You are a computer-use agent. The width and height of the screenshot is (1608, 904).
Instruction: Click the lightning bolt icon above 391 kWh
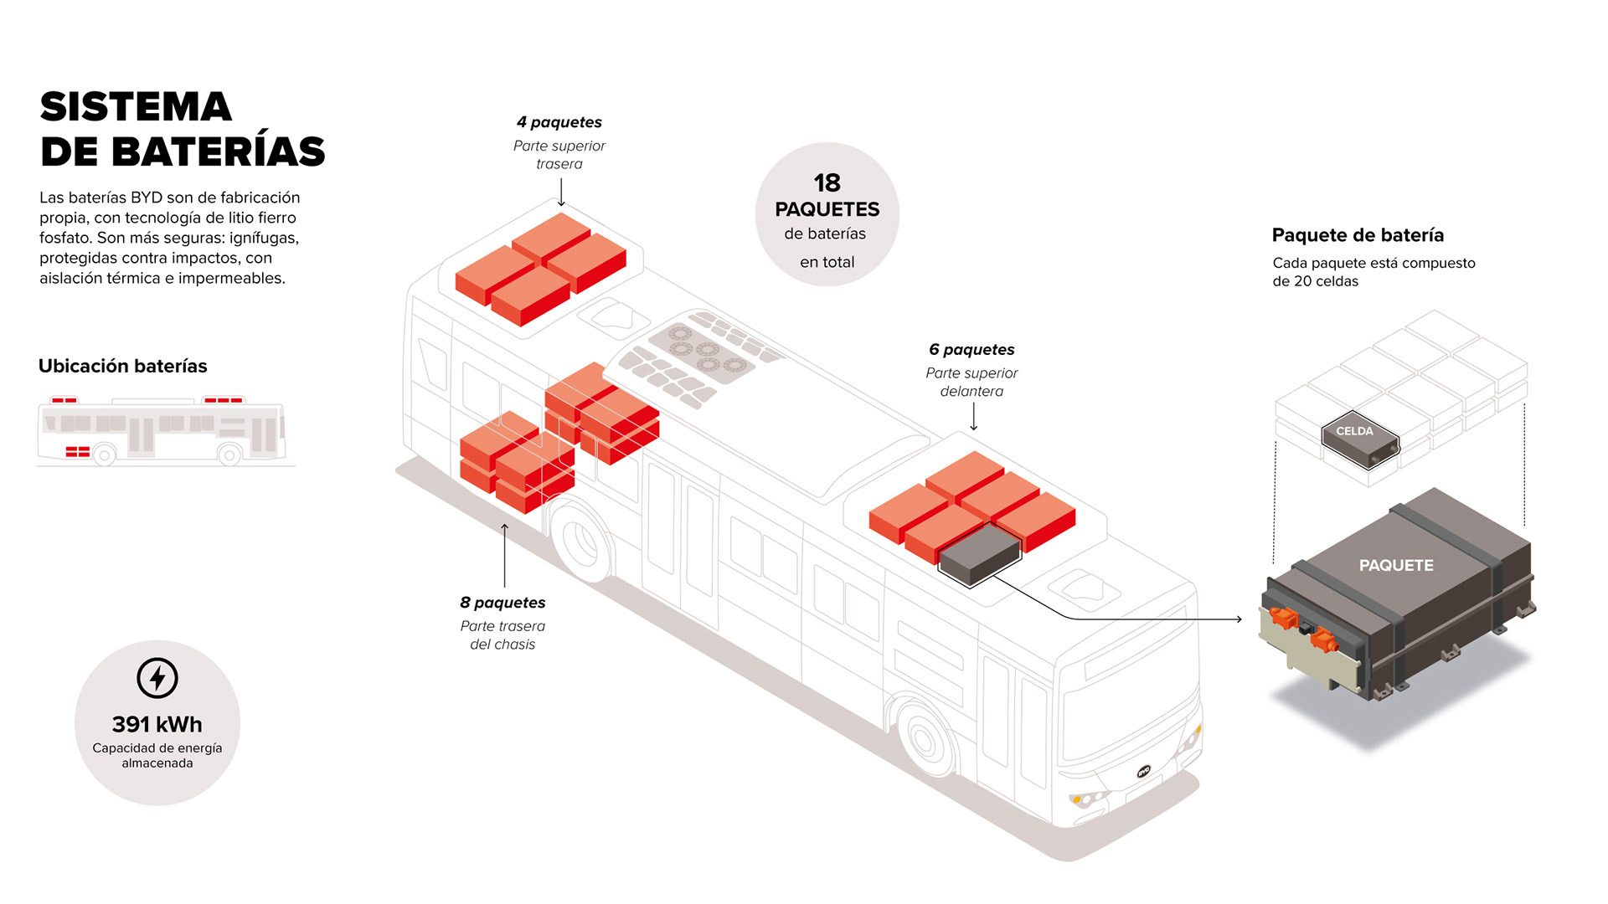point(157,678)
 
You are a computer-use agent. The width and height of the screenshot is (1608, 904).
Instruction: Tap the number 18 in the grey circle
point(827,182)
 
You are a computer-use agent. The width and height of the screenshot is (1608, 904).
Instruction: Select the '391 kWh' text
point(157,724)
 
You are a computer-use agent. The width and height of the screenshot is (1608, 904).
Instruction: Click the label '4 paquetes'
point(559,122)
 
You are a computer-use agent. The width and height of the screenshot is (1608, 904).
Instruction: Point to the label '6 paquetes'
point(971,350)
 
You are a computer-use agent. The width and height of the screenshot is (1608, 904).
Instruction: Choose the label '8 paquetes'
point(502,603)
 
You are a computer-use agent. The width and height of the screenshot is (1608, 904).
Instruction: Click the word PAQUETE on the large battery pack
point(1396,566)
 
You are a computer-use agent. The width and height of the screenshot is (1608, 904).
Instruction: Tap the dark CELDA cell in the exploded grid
point(1359,437)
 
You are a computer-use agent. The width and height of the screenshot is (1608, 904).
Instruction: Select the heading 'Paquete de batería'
point(1358,235)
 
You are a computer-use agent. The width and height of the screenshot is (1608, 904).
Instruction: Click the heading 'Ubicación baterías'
point(123,366)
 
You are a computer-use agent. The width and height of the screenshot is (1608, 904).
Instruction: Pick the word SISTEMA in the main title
point(136,107)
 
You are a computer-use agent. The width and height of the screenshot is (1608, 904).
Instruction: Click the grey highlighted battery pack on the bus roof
point(979,553)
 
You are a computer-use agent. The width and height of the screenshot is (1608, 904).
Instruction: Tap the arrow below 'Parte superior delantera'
point(973,417)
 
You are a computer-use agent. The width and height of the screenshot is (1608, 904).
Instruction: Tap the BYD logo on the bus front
point(1144,771)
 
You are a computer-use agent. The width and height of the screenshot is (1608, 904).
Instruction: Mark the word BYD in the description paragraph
point(147,198)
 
